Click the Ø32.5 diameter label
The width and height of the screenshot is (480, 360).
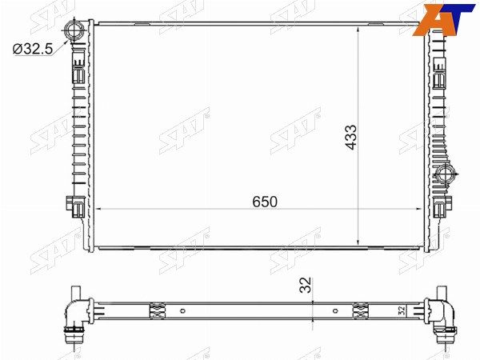point(33,49)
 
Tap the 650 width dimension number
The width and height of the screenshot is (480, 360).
point(265,202)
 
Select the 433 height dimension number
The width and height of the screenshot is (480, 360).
point(351,137)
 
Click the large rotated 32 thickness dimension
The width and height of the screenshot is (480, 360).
point(306,285)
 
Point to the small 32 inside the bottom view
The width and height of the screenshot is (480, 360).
point(402,310)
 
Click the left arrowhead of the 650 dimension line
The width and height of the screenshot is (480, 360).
point(98,209)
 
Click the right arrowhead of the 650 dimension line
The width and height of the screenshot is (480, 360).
point(418,209)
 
